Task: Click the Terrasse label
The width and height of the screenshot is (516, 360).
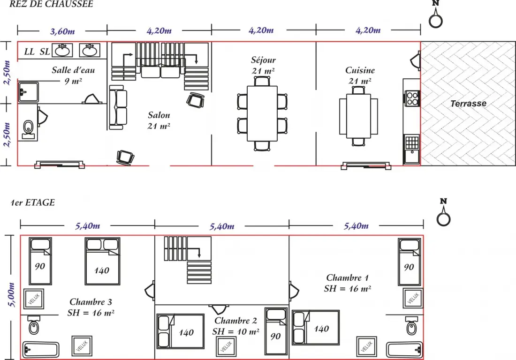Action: tap(468, 104)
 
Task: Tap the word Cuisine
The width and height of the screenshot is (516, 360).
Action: tap(360, 70)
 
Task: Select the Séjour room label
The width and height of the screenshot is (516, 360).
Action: tap(263, 60)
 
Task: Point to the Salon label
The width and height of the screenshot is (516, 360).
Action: tap(159, 115)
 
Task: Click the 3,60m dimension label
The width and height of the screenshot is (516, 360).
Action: tap(62, 31)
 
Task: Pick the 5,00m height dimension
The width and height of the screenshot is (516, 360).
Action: tap(12, 295)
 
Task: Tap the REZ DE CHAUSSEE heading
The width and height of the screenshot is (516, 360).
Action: tap(51, 4)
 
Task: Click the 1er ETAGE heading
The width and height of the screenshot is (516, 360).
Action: tap(32, 202)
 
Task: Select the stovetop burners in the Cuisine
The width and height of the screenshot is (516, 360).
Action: tap(412, 98)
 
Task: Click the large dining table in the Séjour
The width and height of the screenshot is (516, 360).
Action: tap(262, 113)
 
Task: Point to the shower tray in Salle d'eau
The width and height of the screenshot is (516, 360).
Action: tap(28, 92)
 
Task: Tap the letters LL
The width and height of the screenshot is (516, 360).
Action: tap(29, 52)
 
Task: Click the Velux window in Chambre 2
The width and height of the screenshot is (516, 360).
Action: tap(226, 346)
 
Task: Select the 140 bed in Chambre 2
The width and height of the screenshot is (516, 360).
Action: tap(180, 331)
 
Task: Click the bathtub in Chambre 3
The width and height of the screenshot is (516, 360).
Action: tap(41, 350)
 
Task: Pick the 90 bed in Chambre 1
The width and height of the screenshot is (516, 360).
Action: tap(409, 262)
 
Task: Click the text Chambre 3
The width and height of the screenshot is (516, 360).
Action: tap(91, 302)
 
